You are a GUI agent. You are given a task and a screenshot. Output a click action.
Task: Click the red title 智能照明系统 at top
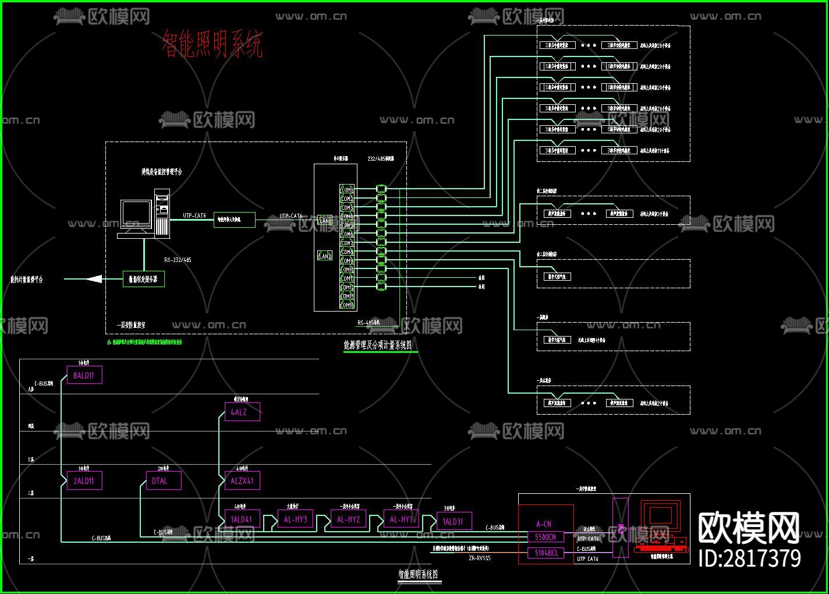pos(212,45)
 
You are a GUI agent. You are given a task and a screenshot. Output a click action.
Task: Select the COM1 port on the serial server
pos(347,190)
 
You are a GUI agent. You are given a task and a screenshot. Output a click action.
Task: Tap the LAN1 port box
pos(325,221)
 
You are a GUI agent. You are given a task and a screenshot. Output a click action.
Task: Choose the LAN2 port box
pos(325,256)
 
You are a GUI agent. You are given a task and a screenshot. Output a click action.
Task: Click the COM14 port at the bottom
pos(347,305)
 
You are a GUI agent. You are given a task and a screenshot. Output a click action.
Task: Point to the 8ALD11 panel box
pos(84,376)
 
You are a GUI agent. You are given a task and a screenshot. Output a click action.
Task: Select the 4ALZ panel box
pos(242,412)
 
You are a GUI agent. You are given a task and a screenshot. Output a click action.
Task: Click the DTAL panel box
pos(163,481)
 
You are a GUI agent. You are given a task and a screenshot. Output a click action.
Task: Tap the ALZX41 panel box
pos(242,481)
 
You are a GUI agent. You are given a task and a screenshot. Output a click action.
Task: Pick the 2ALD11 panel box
pos(84,481)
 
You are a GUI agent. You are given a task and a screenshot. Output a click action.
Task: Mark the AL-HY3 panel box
pos(295,519)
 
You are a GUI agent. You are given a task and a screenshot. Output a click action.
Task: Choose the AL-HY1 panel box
pos(401,519)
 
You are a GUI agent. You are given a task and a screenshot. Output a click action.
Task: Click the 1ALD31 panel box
pos(454,521)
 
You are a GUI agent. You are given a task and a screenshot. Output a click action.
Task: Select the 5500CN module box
pos(545,537)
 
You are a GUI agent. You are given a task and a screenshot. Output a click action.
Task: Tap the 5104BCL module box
pos(545,553)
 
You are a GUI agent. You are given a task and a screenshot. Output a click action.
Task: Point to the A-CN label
pos(544,524)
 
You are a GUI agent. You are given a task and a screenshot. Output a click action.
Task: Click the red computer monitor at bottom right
pos(660,518)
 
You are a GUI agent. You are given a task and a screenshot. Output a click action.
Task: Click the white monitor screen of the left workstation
pos(136,215)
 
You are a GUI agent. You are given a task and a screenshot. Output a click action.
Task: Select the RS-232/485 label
pos(178,260)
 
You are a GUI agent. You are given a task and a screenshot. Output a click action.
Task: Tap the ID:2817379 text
pos(749,558)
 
